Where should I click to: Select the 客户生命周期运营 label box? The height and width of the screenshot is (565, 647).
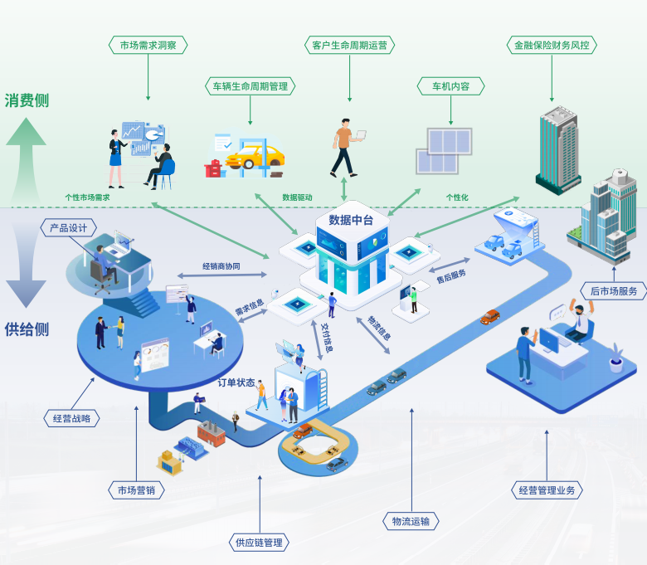point(349,45)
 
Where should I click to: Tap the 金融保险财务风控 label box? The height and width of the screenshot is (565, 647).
point(551,45)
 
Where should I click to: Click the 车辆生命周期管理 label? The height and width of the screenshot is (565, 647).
point(250,85)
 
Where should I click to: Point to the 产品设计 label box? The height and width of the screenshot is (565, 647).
point(69,227)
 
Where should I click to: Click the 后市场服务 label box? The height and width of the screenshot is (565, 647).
point(614,291)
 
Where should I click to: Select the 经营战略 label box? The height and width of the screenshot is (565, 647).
point(71,419)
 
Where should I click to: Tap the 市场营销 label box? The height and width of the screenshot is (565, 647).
point(136,490)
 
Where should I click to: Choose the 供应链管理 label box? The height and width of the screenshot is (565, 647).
point(259,543)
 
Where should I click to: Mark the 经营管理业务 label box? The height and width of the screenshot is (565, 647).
point(547,490)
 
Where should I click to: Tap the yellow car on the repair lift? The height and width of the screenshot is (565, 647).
point(255,155)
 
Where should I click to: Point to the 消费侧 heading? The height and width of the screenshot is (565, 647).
point(27,100)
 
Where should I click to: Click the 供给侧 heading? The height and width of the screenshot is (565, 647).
point(27,329)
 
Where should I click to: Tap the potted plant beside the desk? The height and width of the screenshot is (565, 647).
point(615,358)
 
